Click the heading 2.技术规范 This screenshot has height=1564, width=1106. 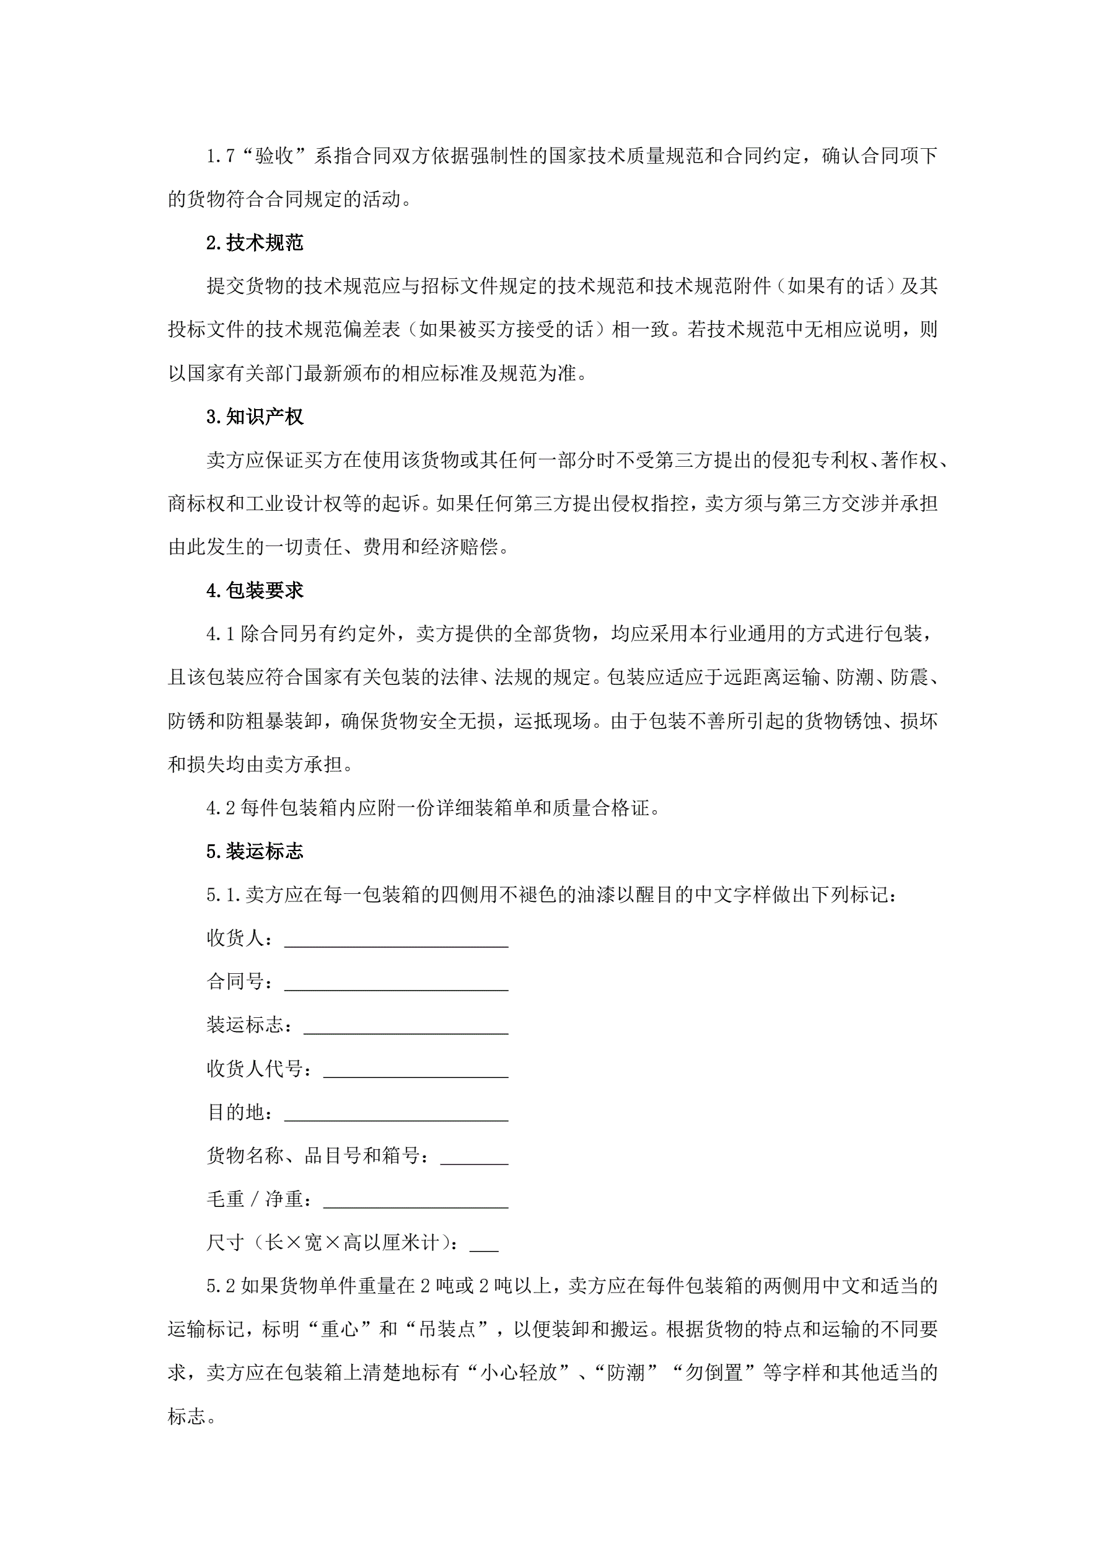(255, 242)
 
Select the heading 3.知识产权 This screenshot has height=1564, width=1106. (255, 417)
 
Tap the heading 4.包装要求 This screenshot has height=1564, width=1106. (255, 591)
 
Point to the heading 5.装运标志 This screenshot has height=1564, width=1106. (255, 852)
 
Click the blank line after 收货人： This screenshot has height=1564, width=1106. (396, 942)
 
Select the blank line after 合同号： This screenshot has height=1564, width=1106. (396, 985)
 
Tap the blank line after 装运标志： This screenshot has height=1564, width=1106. (405, 1028)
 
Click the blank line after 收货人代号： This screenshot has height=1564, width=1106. (415, 1072)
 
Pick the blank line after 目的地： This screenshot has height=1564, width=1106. (396, 1116)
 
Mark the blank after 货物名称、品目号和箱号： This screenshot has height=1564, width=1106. (474, 1159)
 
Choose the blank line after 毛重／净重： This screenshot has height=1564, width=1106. (415, 1203)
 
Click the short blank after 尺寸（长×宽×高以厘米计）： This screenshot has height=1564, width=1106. (484, 1247)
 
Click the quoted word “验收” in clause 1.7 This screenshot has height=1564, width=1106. (274, 156)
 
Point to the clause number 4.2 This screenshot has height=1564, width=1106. (221, 808)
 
